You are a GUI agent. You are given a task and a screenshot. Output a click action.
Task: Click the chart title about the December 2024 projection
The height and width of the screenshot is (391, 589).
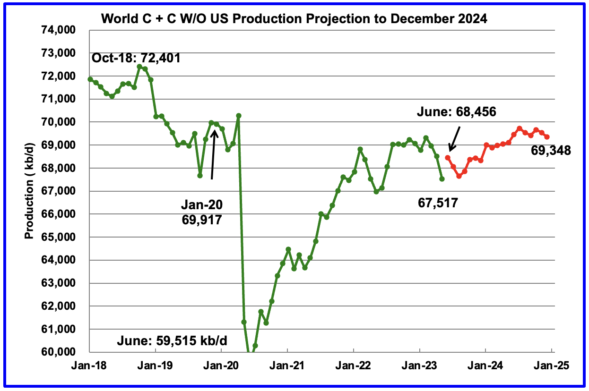[294, 19]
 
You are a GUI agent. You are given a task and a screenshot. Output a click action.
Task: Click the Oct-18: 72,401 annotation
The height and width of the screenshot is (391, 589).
[136, 59]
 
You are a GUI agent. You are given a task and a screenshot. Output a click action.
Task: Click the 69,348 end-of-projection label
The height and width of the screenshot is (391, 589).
[551, 151]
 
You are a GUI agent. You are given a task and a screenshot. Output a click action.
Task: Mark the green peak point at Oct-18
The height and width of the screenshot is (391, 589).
[139, 67]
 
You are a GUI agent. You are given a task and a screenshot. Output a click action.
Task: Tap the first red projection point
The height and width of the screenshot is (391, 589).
[448, 157]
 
